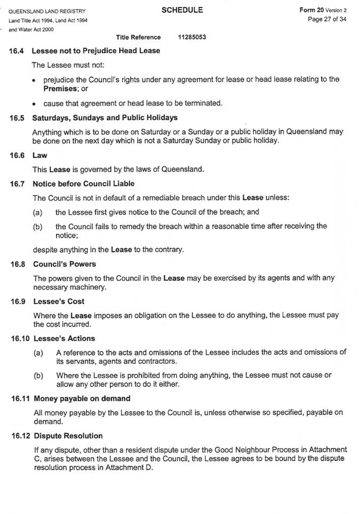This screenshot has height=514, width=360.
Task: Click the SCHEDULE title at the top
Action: pyautogui.click(x=183, y=10)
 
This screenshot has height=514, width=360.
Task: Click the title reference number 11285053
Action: pyautogui.click(x=193, y=37)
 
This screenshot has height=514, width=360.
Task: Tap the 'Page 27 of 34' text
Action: pyautogui.click(x=327, y=20)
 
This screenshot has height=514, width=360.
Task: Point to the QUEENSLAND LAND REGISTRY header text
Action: pyautogui.click(x=47, y=11)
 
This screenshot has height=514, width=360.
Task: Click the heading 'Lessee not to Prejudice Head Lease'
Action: pyautogui.click(x=96, y=51)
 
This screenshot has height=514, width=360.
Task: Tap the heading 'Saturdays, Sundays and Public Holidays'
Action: pyautogui.click(x=105, y=117)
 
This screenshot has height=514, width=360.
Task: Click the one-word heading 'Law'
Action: pyautogui.click(x=40, y=156)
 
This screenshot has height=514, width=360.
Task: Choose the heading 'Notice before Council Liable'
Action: pyautogui.click(x=85, y=184)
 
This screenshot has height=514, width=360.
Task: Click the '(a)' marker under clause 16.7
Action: pyautogui.click(x=38, y=212)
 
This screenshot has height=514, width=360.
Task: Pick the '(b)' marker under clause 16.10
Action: pyautogui.click(x=38, y=375)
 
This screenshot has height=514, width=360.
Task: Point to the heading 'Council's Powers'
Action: pyautogui.click(x=65, y=264)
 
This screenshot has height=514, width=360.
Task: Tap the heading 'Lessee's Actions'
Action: pyautogui.click(x=64, y=338)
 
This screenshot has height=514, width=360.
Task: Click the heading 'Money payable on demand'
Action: pyautogui.click(x=82, y=398)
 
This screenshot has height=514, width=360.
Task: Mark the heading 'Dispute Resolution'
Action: pyautogui.click(x=68, y=436)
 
